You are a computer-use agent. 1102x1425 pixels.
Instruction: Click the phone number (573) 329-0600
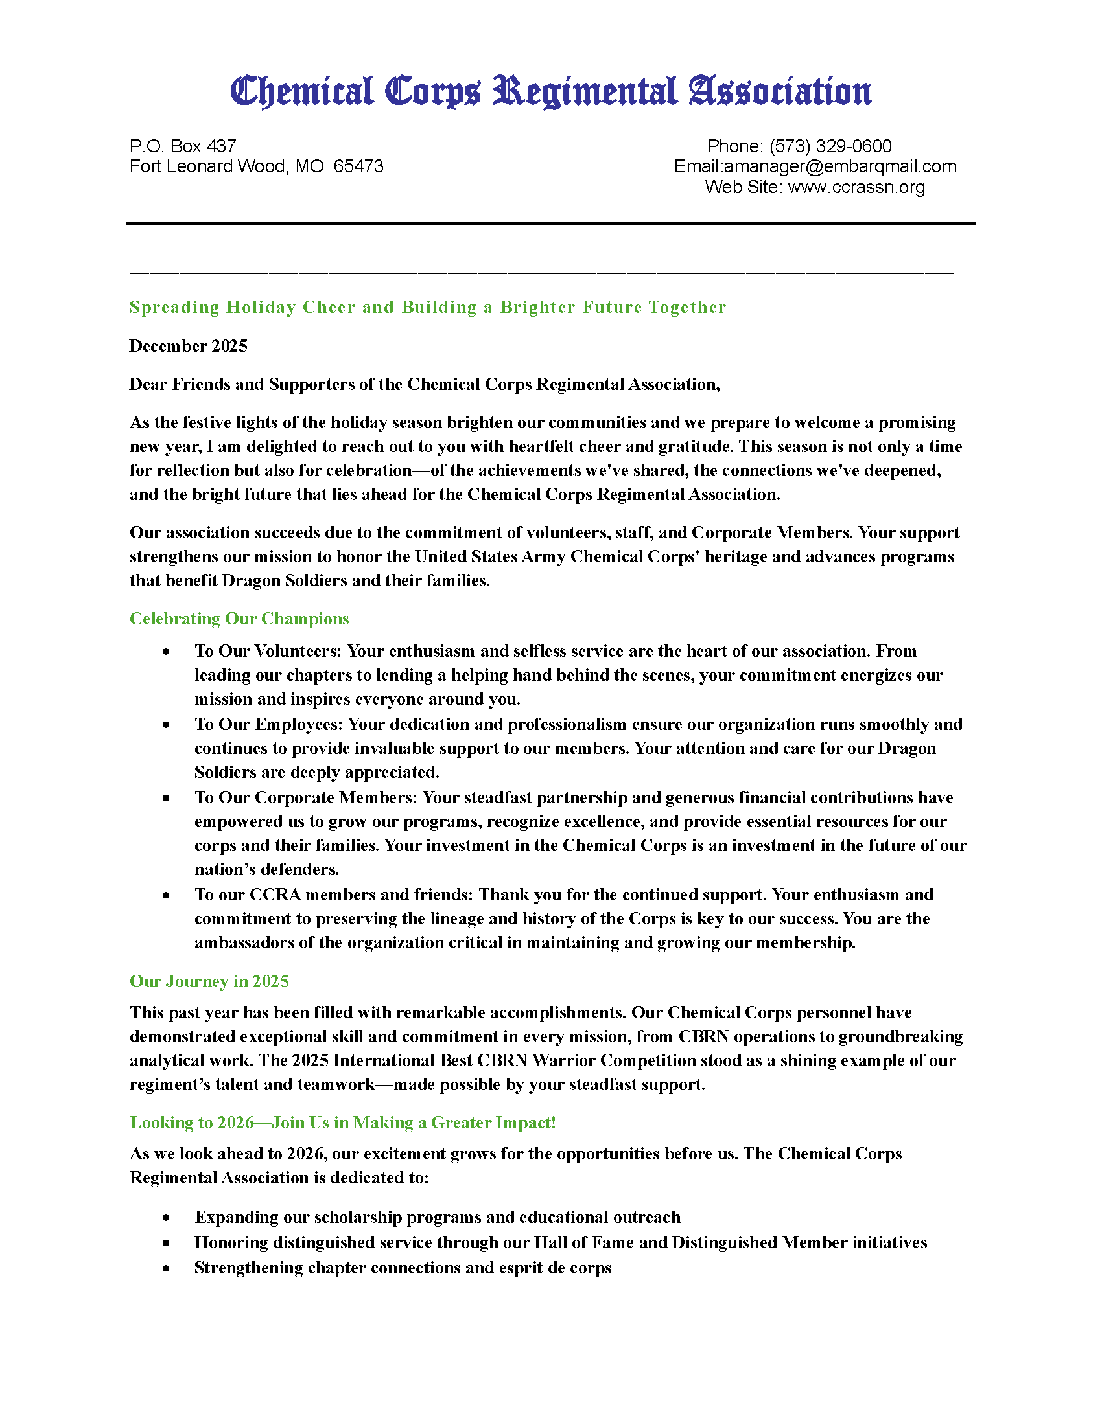(830, 146)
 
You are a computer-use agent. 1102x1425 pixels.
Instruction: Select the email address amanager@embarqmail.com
(840, 166)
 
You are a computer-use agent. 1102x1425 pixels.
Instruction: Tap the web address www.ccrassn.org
(856, 187)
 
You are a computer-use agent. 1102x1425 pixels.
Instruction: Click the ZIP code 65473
(358, 166)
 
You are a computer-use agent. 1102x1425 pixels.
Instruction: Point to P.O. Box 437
(183, 146)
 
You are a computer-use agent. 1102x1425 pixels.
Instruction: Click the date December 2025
(188, 346)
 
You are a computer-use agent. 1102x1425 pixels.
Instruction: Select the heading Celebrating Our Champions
(239, 619)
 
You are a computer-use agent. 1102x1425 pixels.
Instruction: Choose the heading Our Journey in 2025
(209, 981)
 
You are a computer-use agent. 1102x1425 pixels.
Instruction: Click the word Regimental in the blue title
(584, 92)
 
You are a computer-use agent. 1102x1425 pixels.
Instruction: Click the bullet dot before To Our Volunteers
(167, 652)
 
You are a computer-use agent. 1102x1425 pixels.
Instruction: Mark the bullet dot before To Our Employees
(167, 725)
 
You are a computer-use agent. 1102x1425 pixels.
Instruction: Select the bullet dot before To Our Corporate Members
(167, 798)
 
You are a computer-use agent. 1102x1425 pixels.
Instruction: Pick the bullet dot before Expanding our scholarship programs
(167, 1218)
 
